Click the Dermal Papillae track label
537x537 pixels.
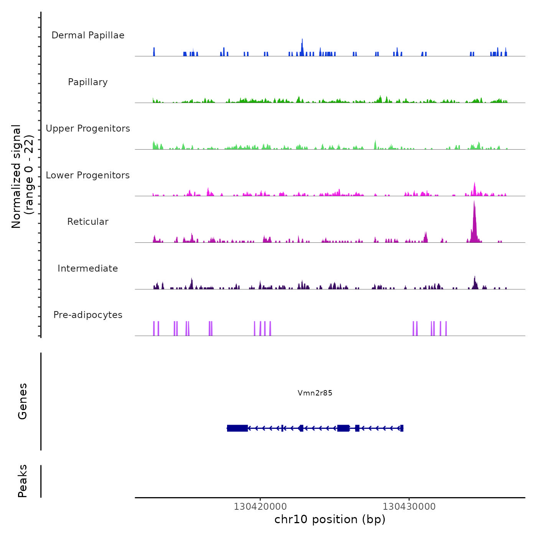[x=88, y=35]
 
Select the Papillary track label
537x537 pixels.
[x=88, y=82]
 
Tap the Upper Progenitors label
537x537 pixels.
[x=88, y=128]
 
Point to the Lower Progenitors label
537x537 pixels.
[x=88, y=175]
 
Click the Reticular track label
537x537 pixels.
[x=88, y=222]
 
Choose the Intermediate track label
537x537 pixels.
[x=88, y=268]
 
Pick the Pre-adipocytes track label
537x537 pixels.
[x=88, y=315]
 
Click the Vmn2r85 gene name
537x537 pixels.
[x=315, y=393]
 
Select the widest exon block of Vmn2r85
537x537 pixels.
[x=237, y=428]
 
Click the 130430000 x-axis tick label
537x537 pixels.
[x=409, y=507]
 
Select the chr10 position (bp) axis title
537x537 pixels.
[x=330, y=519]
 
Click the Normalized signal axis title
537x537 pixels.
[x=22, y=176]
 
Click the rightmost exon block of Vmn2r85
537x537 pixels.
[x=402, y=428]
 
